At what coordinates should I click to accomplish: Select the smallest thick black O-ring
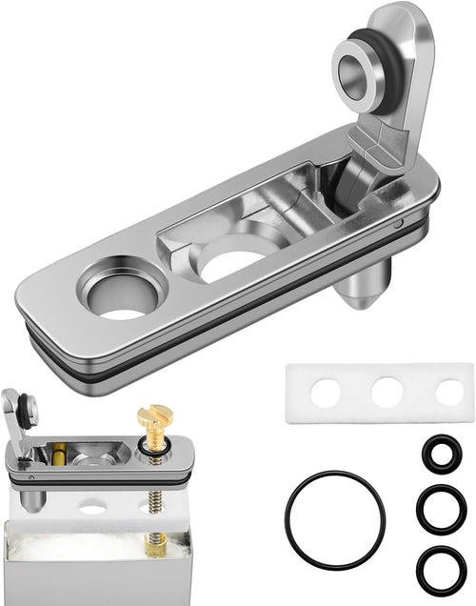click(x=440, y=454)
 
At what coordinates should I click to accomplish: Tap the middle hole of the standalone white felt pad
click(x=387, y=393)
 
